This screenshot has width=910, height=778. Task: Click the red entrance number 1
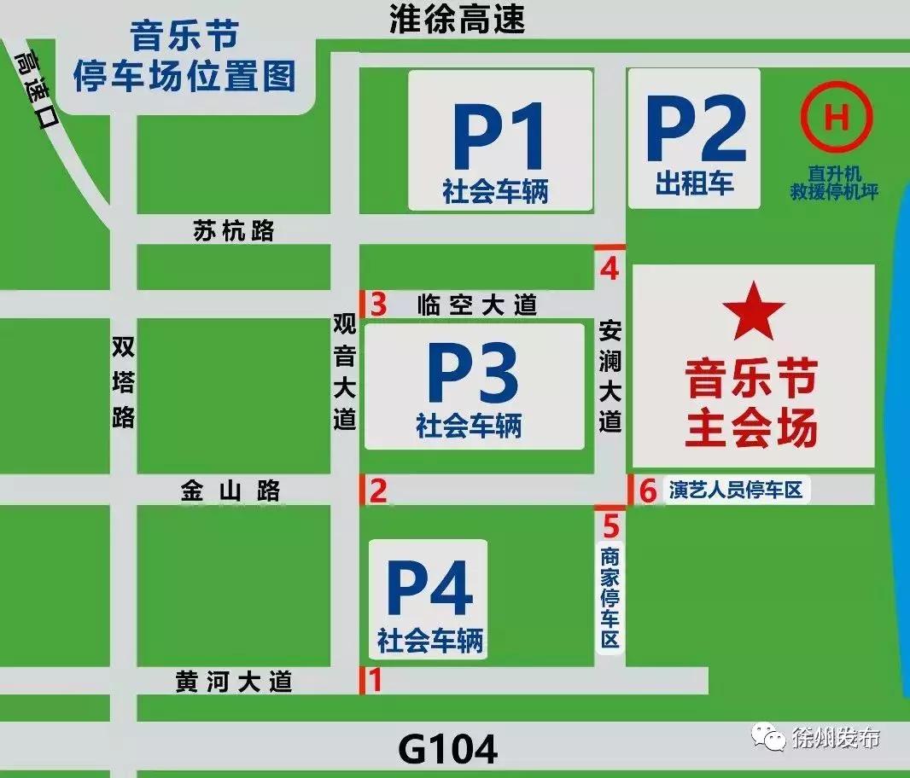(x=373, y=680)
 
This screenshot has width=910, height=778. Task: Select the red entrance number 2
(x=377, y=491)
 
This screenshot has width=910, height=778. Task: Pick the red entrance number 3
(x=378, y=304)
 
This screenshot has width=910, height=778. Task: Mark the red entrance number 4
(x=609, y=269)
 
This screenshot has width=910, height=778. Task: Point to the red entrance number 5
(x=610, y=522)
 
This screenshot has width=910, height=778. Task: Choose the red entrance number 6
(x=648, y=491)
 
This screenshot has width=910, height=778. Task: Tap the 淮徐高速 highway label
(x=456, y=19)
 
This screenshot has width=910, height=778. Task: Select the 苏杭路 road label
(x=233, y=230)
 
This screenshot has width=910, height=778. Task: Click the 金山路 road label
(x=230, y=491)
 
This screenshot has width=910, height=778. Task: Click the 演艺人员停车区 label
(x=736, y=491)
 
